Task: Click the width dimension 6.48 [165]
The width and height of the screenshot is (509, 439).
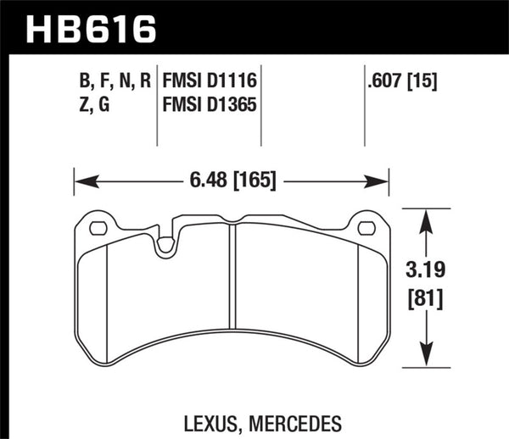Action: pos(231,180)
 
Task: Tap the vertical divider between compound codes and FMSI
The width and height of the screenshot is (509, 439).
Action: pos(159,106)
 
